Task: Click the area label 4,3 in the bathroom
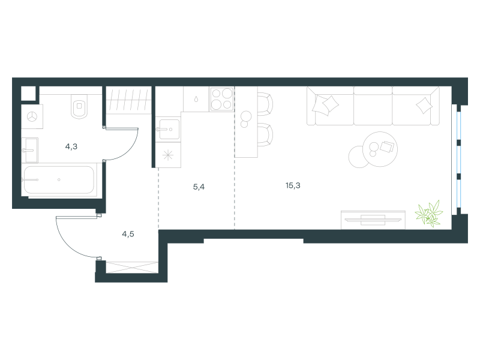click(x=71, y=146)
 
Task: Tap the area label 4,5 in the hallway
click(x=128, y=234)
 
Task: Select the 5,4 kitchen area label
click(x=199, y=187)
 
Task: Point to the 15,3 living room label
click(x=293, y=185)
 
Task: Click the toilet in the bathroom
click(x=79, y=106)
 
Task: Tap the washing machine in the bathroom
click(x=32, y=116)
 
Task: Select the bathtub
click(x=59, y=179)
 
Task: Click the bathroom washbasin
click(x=30, y=150)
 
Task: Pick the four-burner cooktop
click(x=222, y=99)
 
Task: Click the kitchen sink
click(x=168, y=130)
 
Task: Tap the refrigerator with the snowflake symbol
click(x=168, y=155)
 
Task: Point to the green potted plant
click(x=429, y=214)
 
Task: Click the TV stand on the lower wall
click(x=373, y=220)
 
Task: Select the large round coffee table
click(x=380, y=149)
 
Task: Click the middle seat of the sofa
click(x=373, y=106)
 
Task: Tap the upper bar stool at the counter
click(x=265, y=103)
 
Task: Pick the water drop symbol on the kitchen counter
click(x=196, y=99)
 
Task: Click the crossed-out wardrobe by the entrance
click(x=132, y=267)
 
